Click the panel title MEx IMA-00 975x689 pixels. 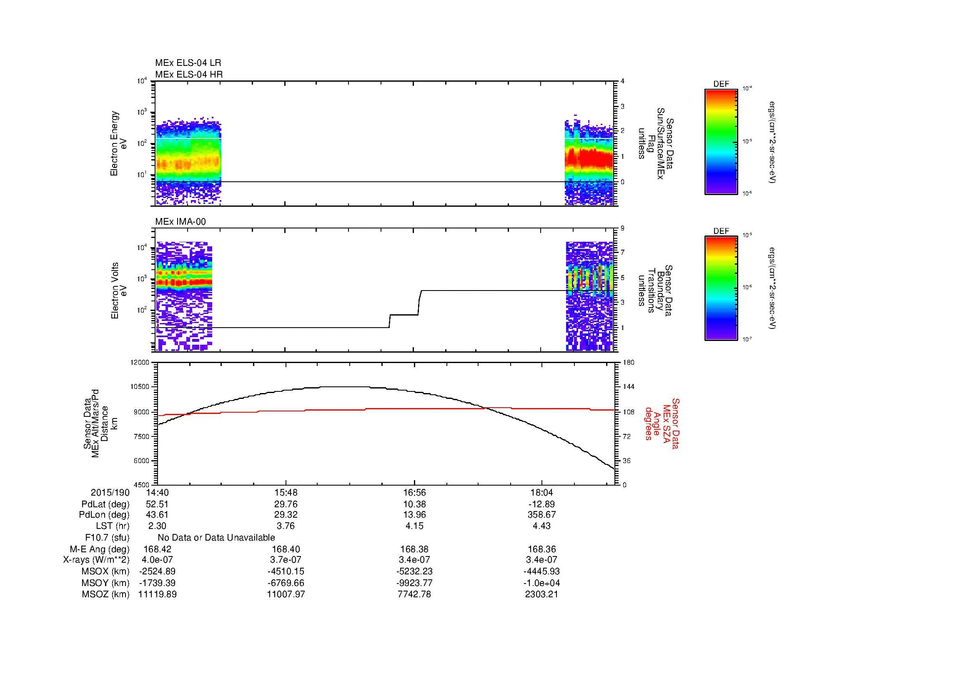pyautogui.click(x=180, y=222)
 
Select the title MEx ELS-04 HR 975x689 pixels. pyautogui.click(x=189, y=74)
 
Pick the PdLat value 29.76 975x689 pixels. pyautogui.click(x=286, y=504)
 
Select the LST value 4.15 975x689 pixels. pyautogui.click(x=414, y=526)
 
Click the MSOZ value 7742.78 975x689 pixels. pyautogui.click(x=414, y=594)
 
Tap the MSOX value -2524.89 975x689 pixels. pyautogui.click(x=158, y=571)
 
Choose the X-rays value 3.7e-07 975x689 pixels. pyautogui.click(x=286, y=560)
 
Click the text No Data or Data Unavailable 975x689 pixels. pyautogui.click(x=216, y=537)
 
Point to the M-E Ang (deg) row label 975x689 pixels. pyautogui.click(x=99, y=549)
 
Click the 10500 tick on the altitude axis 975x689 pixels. pyautogui.click(x=141, y=387)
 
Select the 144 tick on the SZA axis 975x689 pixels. pyautogui.click(x=628, y=387)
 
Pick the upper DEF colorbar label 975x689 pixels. pyautogui.click(x=721, y=84)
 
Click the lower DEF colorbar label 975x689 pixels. pyautogui.click(x=721, y=231)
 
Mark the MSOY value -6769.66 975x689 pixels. pyautogui.click(x=286, y=583)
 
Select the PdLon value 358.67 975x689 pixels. pyautogui.click(x=542, y=514)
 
